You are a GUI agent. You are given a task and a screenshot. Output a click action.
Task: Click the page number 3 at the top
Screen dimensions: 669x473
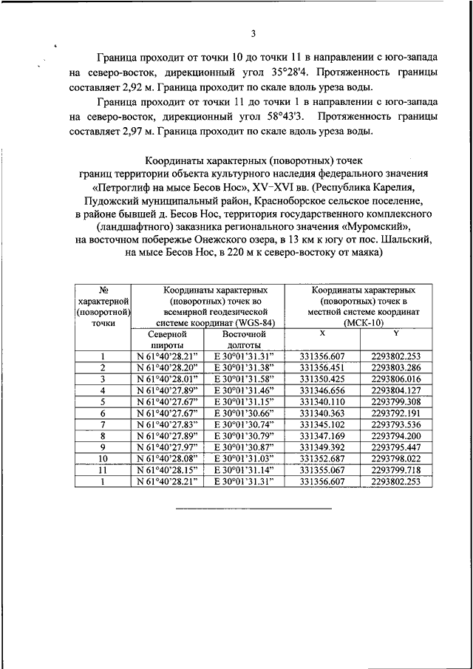pyautogui.click(x=253, y=33)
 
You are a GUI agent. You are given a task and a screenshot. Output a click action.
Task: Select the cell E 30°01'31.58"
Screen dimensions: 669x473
pyautogui.click(x=243, y=378)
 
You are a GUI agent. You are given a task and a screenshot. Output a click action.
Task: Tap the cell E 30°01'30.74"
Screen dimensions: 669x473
pyautogui.click(x=243, y=424)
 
